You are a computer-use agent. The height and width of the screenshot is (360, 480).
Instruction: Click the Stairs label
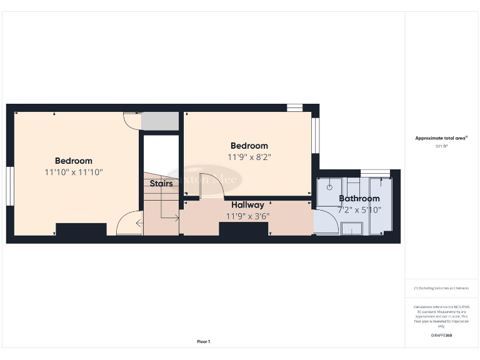pyautogui.click(x=161, y=184)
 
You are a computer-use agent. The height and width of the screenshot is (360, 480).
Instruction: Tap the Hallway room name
pyautogui.click(x=247, y=204)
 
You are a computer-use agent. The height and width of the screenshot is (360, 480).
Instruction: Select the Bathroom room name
pyautogui.click(x=359, y=199)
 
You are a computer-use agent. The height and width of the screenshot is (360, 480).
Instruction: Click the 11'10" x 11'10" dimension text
pyautogui.click(x=74, y=172)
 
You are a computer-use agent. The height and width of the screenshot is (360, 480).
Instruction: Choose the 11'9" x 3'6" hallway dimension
pyautogui.click(x=247, y=216)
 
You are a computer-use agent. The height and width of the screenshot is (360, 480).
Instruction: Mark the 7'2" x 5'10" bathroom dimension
pyautogui.click(x=360, y=210)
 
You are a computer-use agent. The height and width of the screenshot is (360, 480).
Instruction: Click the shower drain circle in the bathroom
pyautogui.click(x=329, y=186)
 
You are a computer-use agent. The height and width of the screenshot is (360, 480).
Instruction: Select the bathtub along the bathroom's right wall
pyautogui.click(x=380, y=206)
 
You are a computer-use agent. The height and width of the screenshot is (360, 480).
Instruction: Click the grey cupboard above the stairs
pyautogui.click(x=161, y=121)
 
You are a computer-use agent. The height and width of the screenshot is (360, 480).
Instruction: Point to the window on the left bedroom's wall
pyautogui.click(x=10, y=186)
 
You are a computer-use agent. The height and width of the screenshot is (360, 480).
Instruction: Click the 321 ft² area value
pyautogui.click(x=441, y=146)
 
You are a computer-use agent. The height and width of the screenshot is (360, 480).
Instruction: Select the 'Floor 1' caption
pyautogui.click(x=204, y=341)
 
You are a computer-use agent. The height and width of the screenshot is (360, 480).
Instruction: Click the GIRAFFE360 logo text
pyautogui.click(x=441, y=336)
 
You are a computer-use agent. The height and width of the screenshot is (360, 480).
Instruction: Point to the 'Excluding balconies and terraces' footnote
pyautogui.click(x=441, y=288)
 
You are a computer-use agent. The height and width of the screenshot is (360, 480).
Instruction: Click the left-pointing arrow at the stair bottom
pyautogui.click(x=139, y=222)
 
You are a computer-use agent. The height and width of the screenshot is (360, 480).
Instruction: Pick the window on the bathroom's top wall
pyautogui.click(x=375, y=172)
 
